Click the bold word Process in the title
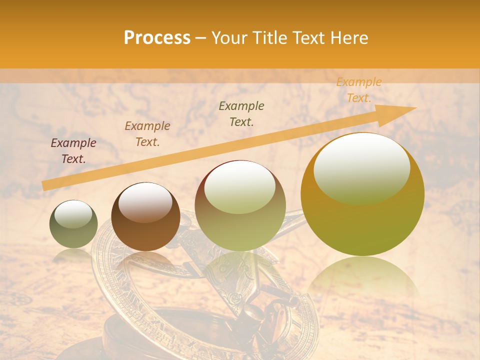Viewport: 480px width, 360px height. (157, 38)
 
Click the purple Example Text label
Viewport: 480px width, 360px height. (73, 151)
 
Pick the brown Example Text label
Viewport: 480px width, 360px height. (147, 134)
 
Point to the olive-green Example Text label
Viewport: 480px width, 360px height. (241, 114)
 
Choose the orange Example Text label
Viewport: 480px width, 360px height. (358, 90)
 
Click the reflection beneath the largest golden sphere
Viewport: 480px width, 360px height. (362, 280)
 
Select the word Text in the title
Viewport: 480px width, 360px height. (307, 38)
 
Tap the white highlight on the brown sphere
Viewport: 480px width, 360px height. (145, 202)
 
